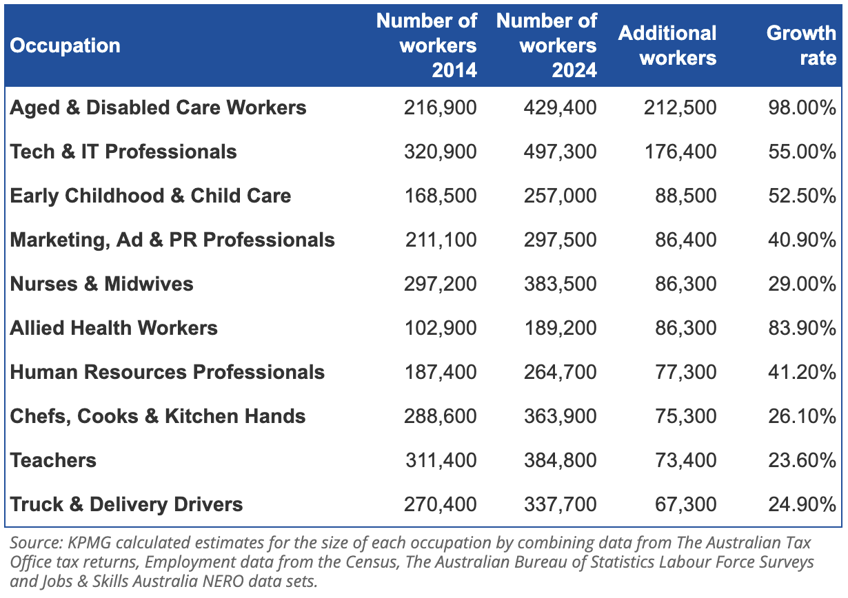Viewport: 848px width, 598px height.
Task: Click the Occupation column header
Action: pyautogui.click(x=65, y=46)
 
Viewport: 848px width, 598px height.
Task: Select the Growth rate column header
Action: pyautogui.click(x=801, y=45)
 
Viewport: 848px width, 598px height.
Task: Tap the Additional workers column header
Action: pyautogui.click(x=667, y=45)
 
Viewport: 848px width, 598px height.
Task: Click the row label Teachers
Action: pyautogui.click(x=53, y=460)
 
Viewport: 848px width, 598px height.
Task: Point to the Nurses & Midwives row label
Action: pyautogui.click(x=101, y=284)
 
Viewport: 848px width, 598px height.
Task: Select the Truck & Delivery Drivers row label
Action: pyautogui.click(x=126, y=504)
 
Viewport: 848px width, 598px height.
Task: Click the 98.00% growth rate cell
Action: pyautogui.click(x=802, y=107)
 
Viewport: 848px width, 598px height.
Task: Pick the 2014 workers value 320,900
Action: pyautogui.click(x=440, y=152)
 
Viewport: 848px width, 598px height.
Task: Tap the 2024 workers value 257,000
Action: pyautogui.click(x=560, y=196)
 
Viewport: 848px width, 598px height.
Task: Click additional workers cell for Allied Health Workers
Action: pyautogui.click(x=685, y=329)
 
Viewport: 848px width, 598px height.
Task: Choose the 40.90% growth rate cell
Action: pyautogui.click(x=802, y=240)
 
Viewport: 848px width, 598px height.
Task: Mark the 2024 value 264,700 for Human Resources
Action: pyautogui.click(x=560, y=373)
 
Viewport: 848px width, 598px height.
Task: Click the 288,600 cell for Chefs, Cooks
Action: pyautogui.click(x=440, y=416)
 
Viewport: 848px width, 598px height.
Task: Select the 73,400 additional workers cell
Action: pyautogui.click(x=685, y=461)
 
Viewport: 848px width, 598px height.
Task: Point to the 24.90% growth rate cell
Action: pyautogui.click(x=802, y=504)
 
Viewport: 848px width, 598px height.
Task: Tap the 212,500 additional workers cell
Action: pyautogui.click(x=680, y=107)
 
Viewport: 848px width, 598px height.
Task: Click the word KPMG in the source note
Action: pyautogui.click(x=90, y=543)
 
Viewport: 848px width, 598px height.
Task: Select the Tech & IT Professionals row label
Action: pyautogui.click(x=123, y=152)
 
